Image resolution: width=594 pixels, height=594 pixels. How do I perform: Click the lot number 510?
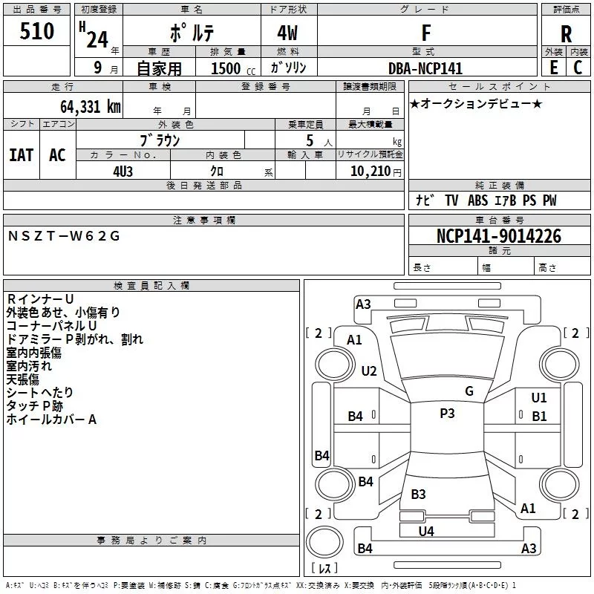[x=36, y=31]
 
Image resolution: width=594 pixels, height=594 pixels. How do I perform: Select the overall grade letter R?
[x=566, y=34]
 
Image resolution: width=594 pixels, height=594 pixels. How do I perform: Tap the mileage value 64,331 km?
[x=91, y=107]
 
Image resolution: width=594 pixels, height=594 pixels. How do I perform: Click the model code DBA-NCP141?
[x=425, y=68]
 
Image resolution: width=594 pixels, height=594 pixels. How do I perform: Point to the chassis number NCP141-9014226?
[x=499, y=236]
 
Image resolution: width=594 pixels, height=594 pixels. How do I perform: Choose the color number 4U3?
[x=123, y=172]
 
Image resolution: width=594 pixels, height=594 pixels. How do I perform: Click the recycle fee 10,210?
[x=371, y=172]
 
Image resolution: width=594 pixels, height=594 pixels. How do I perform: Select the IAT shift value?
[x=22, y=155]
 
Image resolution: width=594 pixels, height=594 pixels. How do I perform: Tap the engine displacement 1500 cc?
[x=233, y=68]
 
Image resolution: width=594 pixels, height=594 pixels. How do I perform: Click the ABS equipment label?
[x=477, y=200]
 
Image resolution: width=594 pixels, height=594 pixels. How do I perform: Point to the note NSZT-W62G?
[x=64, y=236]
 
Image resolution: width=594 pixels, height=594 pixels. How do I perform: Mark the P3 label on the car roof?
[x=447, y=414]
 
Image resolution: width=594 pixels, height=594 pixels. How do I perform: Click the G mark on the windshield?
[x=469, y=391]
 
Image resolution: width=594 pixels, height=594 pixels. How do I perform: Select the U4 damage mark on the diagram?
[x=426, y=532]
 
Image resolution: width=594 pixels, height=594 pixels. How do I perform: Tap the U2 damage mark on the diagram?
[x=369, y=371]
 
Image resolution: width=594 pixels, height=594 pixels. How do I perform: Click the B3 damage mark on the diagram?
[x=418, y=494]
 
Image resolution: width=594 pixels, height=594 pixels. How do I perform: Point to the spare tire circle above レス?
[x=324, y=542]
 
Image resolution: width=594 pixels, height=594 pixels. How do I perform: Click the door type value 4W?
[x=287, y=33]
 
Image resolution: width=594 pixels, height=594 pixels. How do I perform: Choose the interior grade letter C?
[x=578, y=68]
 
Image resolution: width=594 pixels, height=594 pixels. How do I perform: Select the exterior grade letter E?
[x=554, y=68]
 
